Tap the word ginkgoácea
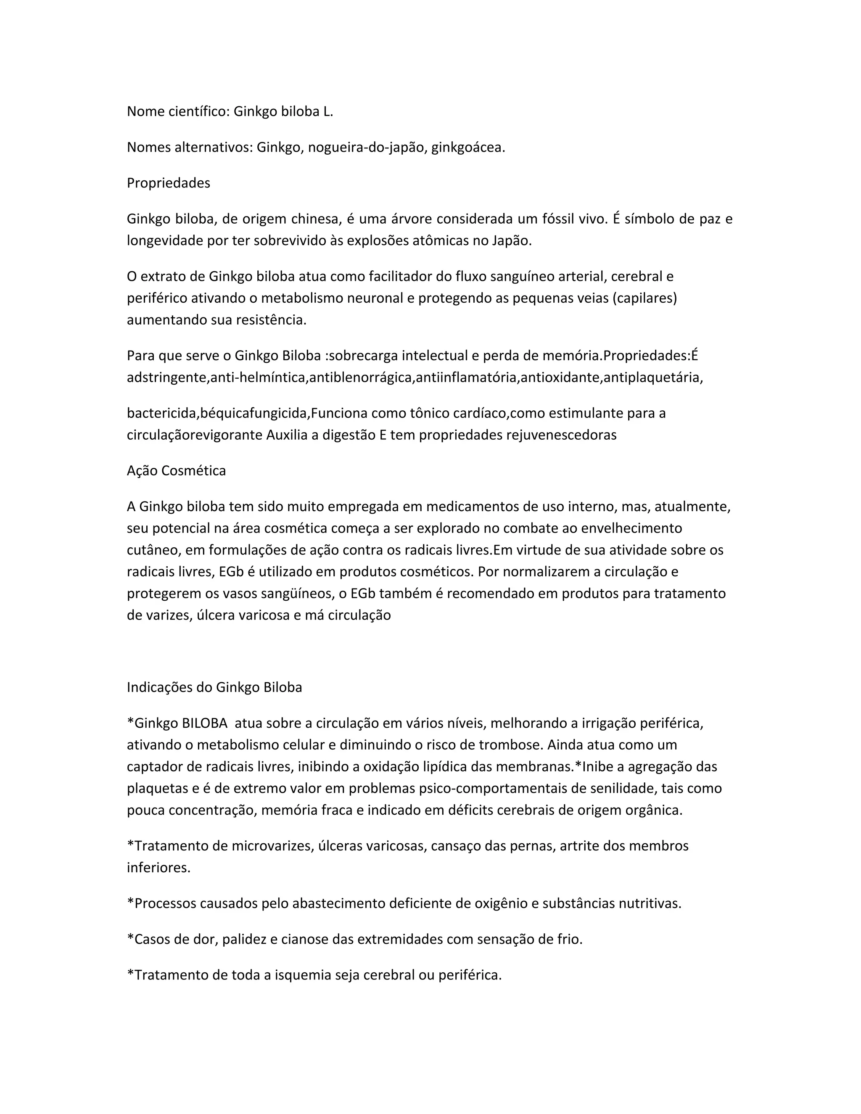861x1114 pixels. pyautogui.click(x=468, y=148)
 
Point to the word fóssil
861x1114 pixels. pyautogui.click(x=555, y=219)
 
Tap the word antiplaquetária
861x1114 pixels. pyautogui.click(x=653, y=377)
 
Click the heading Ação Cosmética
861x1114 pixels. pyautogui.click(x=176, y=470)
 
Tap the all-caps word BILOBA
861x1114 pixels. pyautogui.click(x=204, y=723)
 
